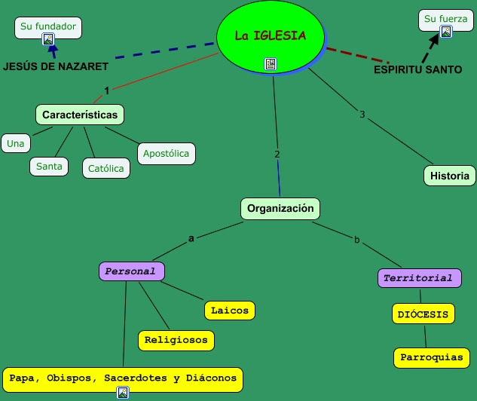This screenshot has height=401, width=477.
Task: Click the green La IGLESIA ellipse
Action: tap(271, 37)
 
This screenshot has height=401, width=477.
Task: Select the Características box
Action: tap(80, 115)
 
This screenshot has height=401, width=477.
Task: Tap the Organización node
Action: tap(280, 209)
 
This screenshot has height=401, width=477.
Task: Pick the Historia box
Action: tap(450, 176)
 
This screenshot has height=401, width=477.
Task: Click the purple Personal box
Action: tap(132, 271)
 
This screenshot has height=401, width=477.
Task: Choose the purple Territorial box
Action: tap(420, 278)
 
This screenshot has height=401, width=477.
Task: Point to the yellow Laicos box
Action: tap(230, 311)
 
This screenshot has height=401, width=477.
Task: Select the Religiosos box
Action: tap(176, 341)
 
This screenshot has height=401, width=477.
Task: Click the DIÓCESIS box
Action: tap(423, 314)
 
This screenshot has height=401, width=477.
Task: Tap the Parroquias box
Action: tap(432, 358)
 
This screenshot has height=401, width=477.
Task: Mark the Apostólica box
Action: tap(167, 154)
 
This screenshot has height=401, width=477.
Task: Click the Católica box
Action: tap(106, 168)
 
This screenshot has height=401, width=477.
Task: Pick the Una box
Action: tap(16, 143)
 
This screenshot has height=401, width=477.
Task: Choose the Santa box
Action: tap(49, 167)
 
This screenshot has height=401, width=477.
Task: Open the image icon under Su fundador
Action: tap(48, 39)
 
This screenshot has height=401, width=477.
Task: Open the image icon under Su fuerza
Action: tap(446, 32)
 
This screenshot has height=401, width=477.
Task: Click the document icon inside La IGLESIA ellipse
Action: tap(271, 64)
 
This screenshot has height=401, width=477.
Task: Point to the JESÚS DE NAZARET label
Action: tap(56, 66)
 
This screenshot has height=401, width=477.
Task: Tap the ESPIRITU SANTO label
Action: tap(418, 69)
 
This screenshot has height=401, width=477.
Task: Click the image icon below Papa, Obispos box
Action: tap(123, 393)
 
